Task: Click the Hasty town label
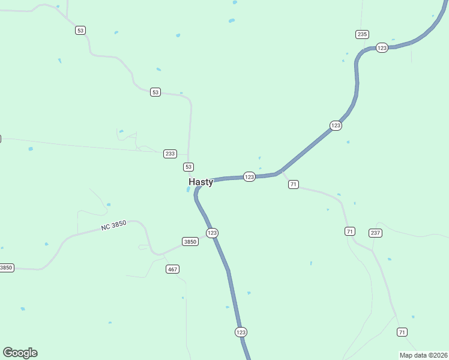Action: click(x=200, y=182)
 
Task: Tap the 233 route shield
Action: click(x=170, y=154)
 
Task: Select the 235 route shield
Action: click(x=361, y=34)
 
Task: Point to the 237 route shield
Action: click(x=375, y=233)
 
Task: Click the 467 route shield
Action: click(x=172, y=269)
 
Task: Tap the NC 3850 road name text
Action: click(x=113, y=226)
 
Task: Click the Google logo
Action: click(x=20, y=353)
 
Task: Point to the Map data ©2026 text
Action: click(x=423, y=355)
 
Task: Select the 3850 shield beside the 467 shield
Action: click(x=190, y=242)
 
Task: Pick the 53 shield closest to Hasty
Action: click(x=188, y=167)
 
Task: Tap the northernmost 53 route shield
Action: click(x=80, y=30)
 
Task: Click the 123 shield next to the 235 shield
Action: click(x=382, y=48)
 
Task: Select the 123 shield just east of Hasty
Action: click(x=250, y=176)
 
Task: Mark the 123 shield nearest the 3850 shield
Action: click(x=211, y=233)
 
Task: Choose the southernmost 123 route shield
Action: click(x=241, y=332)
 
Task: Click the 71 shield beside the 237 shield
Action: click(x=350, y=231)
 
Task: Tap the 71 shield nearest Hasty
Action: click(x=293, y=184)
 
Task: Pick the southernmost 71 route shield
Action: click(x=402, y=332)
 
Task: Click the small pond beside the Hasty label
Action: click(x=188, y=190)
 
